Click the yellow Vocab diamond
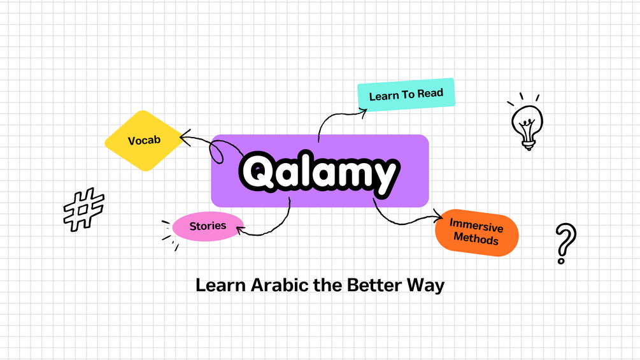[144, 141]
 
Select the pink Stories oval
[208, 226]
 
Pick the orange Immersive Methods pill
[476, 232]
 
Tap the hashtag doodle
[84, 208]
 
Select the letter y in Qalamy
[383, 175]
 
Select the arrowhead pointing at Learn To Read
[364, 112]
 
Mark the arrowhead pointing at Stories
[240, 229]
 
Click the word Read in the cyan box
[430, 94]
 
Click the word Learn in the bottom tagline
[217, 285]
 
